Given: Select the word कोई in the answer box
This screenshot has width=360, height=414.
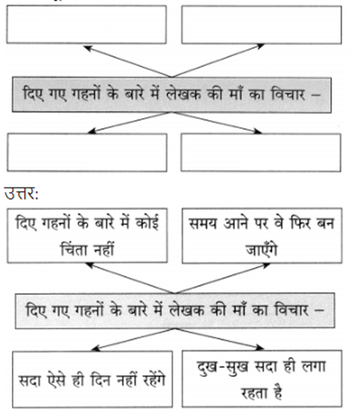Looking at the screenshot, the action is [147, 222].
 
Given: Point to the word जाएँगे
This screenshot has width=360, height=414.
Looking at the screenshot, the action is [262, 248].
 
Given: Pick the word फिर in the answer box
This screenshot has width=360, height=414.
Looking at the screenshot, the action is [301, 223].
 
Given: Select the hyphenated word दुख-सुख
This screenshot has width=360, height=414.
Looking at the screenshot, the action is [223, 367].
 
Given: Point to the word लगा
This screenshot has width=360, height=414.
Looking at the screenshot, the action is [313, 366].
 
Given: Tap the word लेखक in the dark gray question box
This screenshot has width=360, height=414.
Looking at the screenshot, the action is [184, 93].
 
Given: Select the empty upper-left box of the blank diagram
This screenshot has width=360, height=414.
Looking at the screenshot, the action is [87, 24].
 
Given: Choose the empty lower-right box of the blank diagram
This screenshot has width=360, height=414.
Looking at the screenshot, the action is [261, 152].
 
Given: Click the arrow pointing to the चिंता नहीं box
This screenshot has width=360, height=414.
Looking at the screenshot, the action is [130, 278].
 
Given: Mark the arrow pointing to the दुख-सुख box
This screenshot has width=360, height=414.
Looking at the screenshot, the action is [219, 339].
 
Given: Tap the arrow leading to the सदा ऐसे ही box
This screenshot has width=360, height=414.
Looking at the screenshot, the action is [133, 339].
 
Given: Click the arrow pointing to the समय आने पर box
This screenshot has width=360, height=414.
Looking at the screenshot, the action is [222, 279].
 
